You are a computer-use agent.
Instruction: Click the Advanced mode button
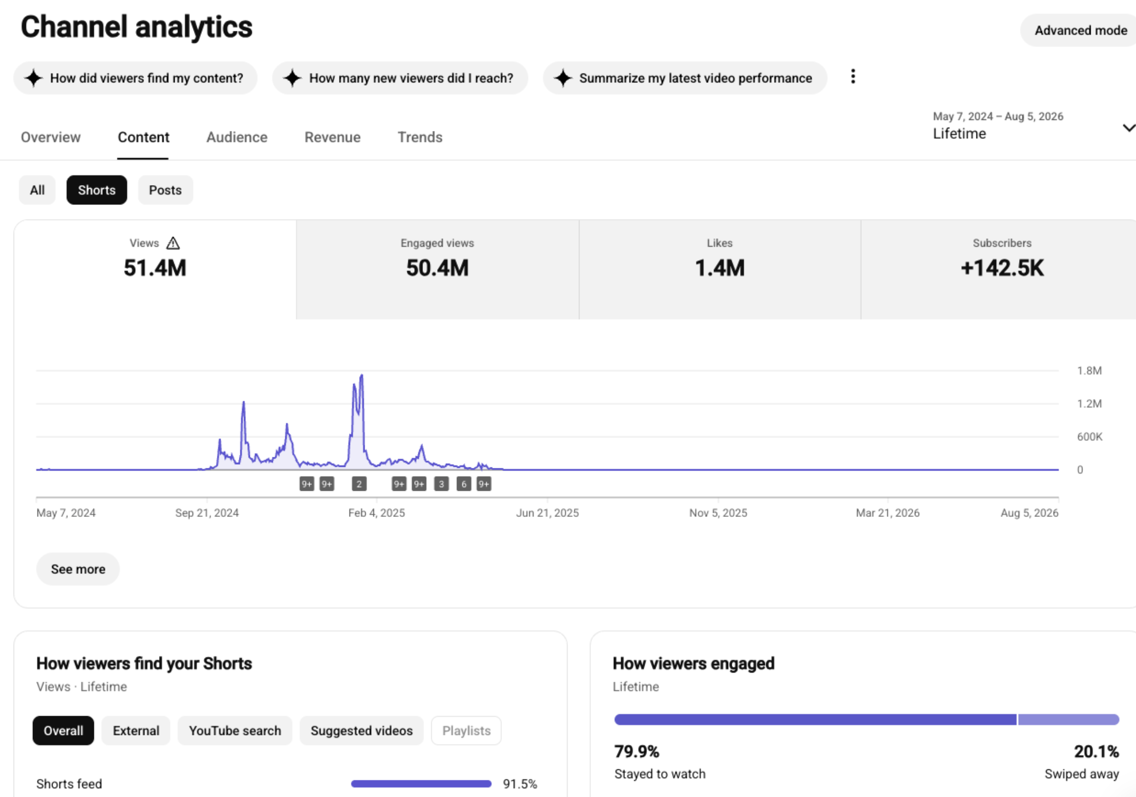(1080, 30)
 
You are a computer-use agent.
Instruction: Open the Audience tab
(237, 137)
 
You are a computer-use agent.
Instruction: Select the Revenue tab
(332, 137)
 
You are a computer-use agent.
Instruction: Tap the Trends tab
(420, 137)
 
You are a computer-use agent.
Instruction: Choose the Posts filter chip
(165, 190)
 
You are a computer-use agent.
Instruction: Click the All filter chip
(37, 190)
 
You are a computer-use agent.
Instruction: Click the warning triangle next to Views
(173, 243)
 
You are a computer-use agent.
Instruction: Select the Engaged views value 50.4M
(437, 268)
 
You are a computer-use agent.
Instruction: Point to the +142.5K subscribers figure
(1002, 268)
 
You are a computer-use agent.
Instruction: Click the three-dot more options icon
(853, 77)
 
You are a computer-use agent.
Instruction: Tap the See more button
(78, 569)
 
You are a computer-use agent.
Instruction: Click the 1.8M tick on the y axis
(1089, 371)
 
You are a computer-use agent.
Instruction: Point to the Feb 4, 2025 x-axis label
(377, 513)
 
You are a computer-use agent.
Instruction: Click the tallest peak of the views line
(361, 375)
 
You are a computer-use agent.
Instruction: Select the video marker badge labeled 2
(359, 484)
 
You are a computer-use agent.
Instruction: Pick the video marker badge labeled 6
(464, 484)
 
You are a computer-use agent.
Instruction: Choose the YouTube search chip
(235, 731)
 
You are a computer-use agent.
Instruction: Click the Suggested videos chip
(361, 731)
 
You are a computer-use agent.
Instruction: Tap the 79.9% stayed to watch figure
(637, 752)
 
